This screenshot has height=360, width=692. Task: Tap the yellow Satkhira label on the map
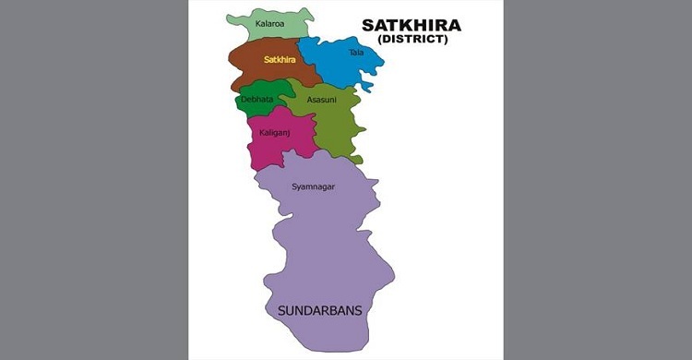click(x=279, y=60)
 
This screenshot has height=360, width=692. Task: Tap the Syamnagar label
click(x=313, y=186)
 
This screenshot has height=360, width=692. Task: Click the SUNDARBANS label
click(x=319, y=311)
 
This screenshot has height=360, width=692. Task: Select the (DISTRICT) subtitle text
click(x=413, y=40)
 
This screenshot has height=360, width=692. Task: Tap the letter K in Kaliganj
click(x=262, y=133)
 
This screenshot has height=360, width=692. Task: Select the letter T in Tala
click(x=351, y=53)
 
